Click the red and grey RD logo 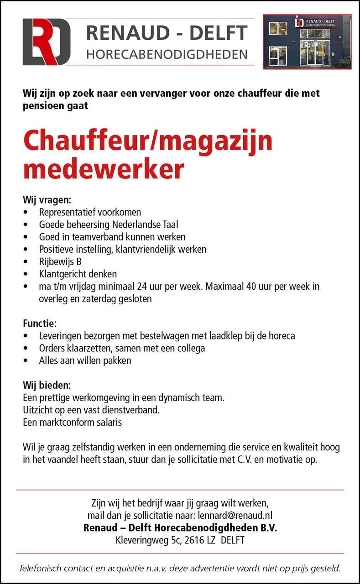tap(47, 42)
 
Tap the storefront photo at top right tap(307, 42)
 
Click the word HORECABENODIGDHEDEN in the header tap(167, 55)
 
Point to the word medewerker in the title tap(104, 169)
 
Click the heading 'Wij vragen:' tap(47, 200)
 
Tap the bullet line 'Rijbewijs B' tap(60, 262)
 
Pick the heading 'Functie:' tap(40, 324)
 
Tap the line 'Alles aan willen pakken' tap(85, 361)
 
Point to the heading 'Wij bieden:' tap(47, 386)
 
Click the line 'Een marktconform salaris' tap(73, 422)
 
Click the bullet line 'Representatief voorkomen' tap(90, 212)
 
